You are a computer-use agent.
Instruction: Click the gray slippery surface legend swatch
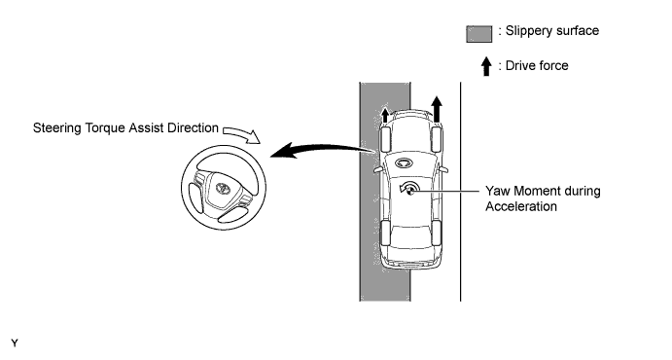point(479,34)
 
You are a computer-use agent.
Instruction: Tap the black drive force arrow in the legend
point(486,66)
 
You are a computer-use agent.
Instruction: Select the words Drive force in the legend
point(537,65)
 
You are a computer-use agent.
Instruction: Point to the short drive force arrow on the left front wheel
point(385,115)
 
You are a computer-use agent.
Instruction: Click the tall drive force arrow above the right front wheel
point(437,110)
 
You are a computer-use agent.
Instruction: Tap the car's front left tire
point(385,139)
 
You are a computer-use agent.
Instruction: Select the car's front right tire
point(436,139)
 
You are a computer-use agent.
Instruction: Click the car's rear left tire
point(385,233)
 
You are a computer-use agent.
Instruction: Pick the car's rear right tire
point(436,233)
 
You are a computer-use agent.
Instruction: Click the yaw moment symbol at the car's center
point(408,189)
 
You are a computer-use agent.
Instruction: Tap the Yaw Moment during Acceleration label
point(543,198)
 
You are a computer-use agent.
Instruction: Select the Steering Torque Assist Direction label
point(125,128)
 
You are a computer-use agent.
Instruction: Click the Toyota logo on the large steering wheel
point(223,188)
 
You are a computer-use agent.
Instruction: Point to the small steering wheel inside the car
point(404,162)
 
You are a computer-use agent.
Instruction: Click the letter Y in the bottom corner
point(15,343)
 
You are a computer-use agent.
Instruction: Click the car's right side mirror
point(443,169)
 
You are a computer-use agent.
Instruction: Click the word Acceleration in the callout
point(521,206)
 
